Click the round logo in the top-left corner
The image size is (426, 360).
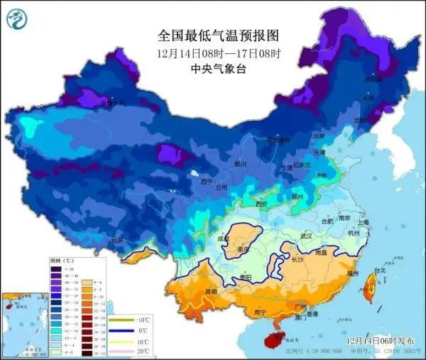[16, 18]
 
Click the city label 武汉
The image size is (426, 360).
[307, 235]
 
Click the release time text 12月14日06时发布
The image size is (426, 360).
[382, 341]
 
